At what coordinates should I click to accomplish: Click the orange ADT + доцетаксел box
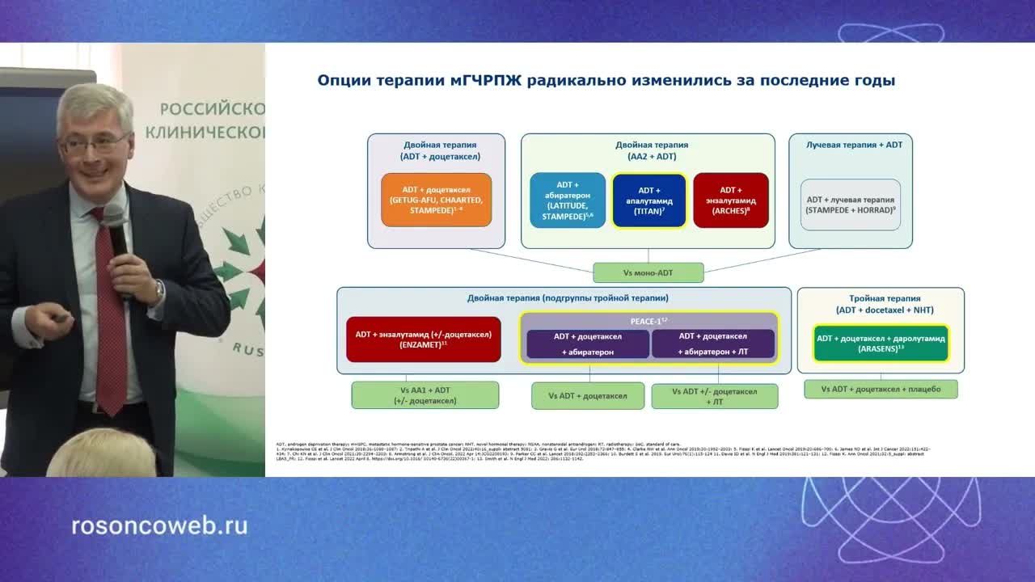pyautogui.click(x=436, y=200)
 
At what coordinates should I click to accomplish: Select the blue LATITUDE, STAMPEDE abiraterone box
pyautogui.click(x=568, y=200)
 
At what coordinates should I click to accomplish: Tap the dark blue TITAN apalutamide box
pyautogui.click(x=649, y=200)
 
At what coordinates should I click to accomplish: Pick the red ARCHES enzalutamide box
pyautogui.click(x=731, y=200)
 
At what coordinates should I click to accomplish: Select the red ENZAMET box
pyautogui.click(x=423, y=339)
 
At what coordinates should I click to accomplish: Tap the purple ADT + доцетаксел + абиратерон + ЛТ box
pyautogui.click(x=713, y=344)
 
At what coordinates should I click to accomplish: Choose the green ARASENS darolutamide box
pyautogui.click(x=881, y=344)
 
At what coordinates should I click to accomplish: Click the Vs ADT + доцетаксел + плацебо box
pyautogui.click(x=881, y=389)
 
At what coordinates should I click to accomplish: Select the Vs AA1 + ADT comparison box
pyautogui.click(x=425, y=395)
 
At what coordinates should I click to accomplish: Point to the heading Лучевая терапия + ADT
pyautogui.click(x=854, y=145)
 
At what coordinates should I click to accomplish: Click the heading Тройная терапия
pyautogui.click(x=881, y=298)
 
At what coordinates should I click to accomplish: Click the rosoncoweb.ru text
pyautogui.click(x=159, y=526)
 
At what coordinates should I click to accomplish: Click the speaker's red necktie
pyautogui.click(x=109, y=323)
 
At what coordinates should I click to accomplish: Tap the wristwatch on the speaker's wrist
pyautogui.click(x=159, y=288)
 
